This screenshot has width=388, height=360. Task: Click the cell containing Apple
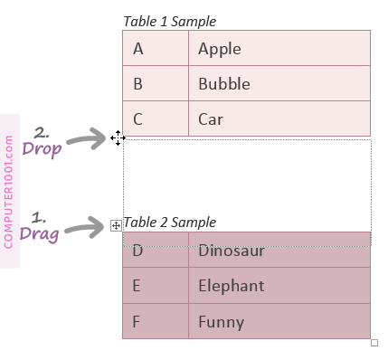point(279,49)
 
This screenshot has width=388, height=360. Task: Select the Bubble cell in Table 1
point(279,84)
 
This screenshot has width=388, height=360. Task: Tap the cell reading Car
point(279,118)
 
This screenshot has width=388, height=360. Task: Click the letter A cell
point(156,49)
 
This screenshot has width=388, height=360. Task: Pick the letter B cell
point(156,84)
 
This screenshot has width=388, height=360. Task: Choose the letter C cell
point(156,118)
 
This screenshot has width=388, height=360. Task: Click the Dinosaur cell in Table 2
point(279,251)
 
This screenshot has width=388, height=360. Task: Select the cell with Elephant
point(279,286)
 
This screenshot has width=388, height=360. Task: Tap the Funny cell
point(279,321)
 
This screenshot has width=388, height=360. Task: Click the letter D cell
point(156,251)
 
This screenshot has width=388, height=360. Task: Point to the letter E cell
point(156,286)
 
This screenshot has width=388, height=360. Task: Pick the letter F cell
point(156,321)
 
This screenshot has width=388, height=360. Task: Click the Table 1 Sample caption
point(170,22)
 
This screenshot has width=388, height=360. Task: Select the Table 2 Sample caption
point(170,223)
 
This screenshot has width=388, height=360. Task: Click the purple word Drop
point(42,149)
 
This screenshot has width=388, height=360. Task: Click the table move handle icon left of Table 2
point(116,224)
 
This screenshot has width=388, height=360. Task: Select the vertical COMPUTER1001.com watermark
point(9,191)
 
